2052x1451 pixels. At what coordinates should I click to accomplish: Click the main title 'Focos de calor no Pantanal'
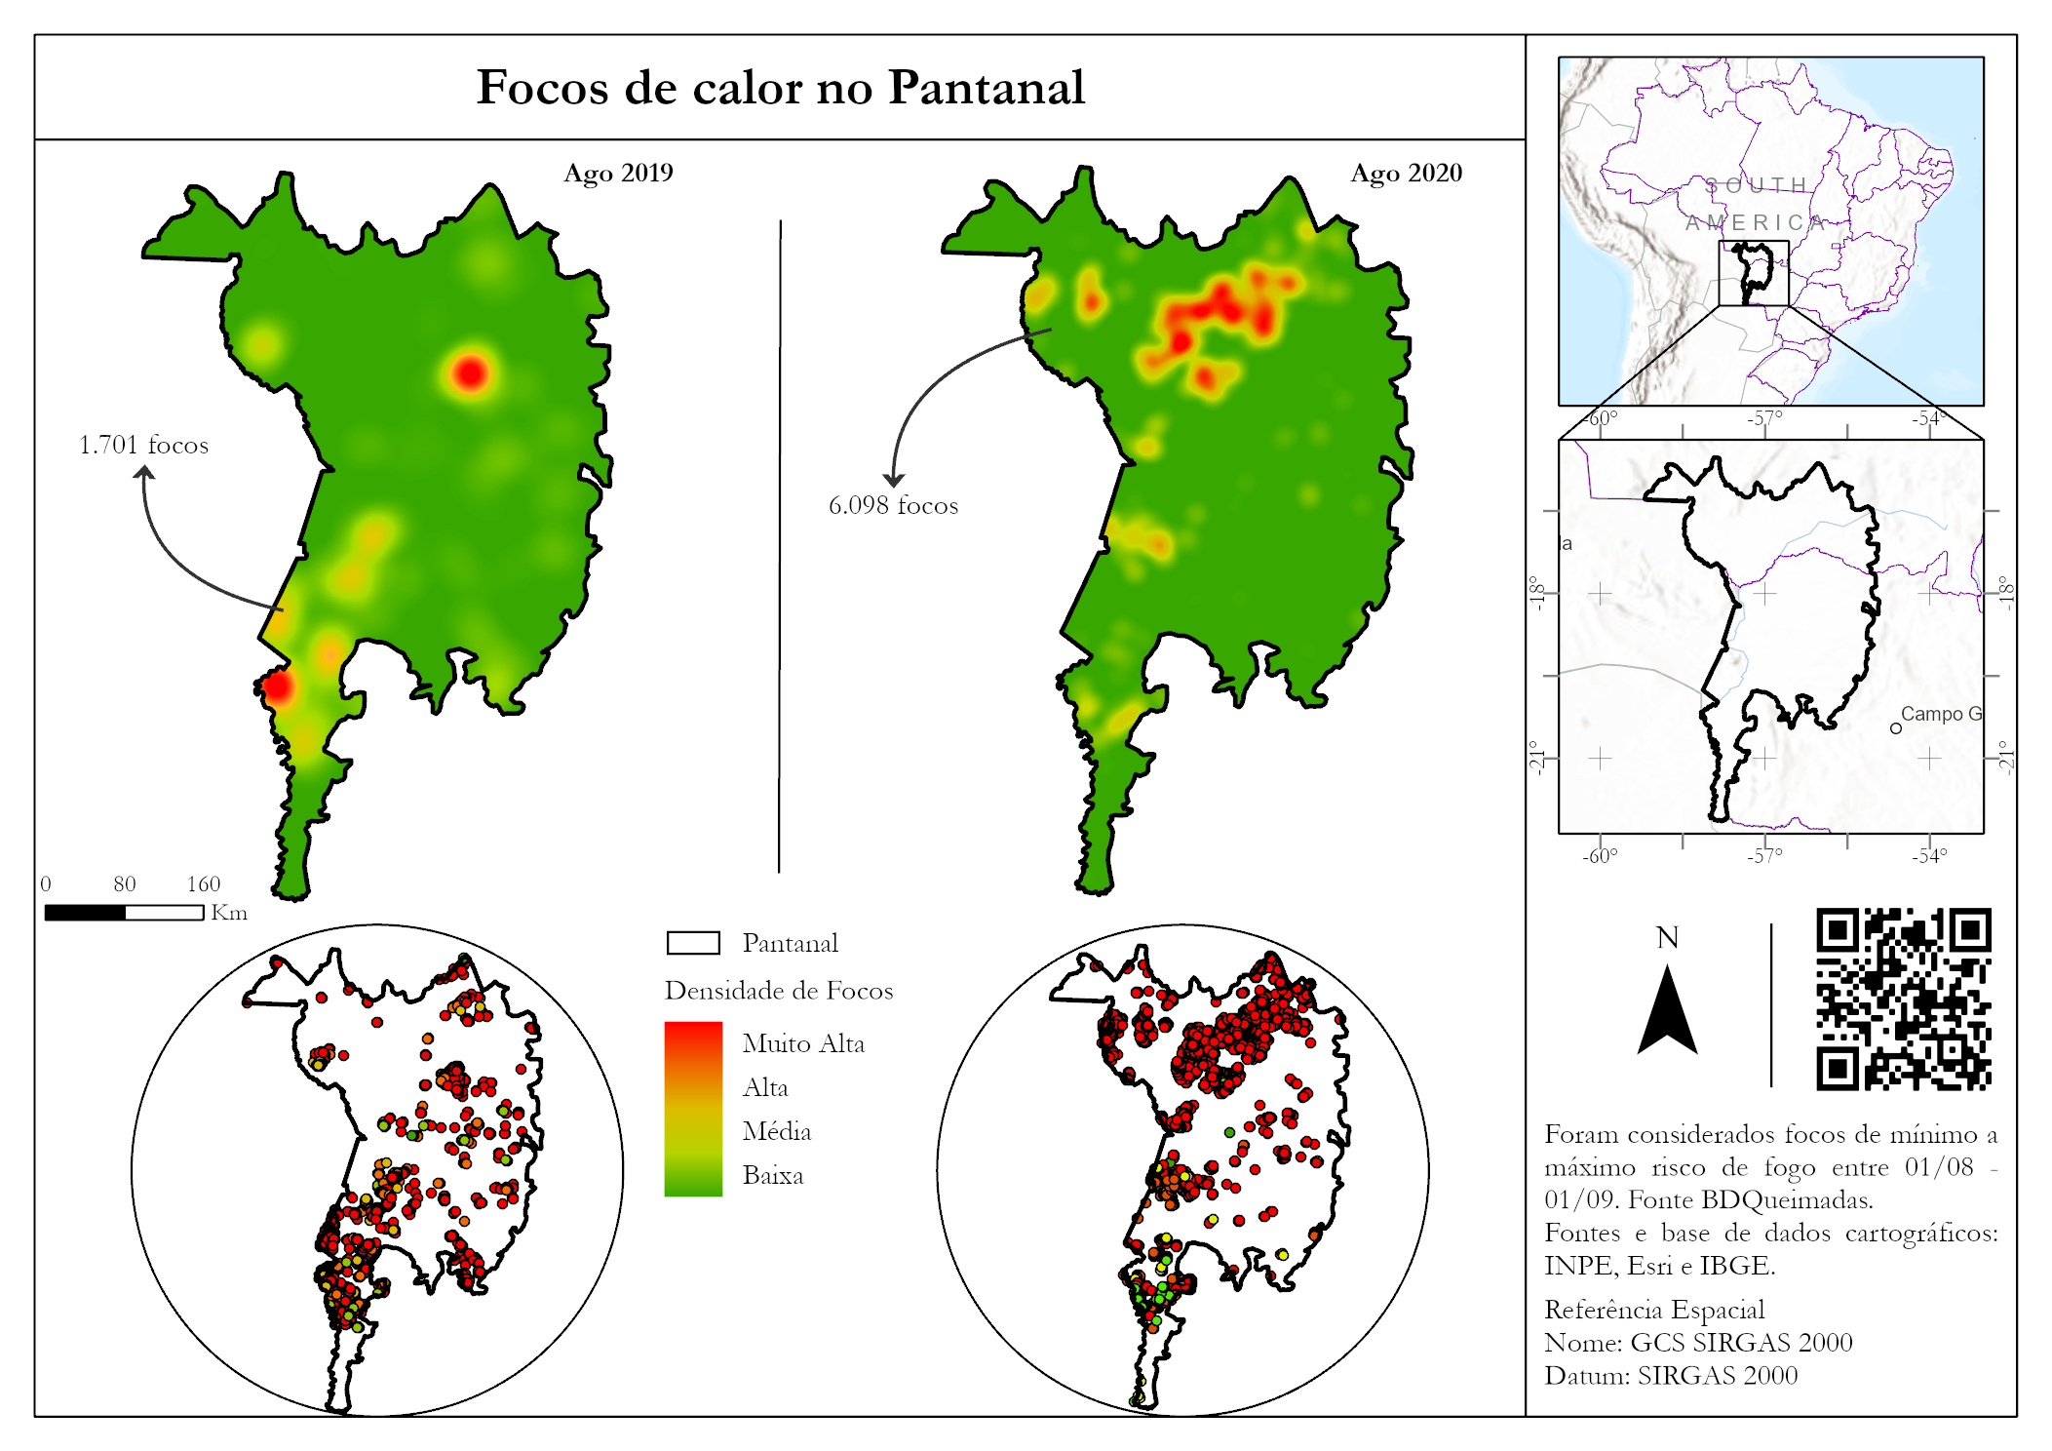pos(780,88)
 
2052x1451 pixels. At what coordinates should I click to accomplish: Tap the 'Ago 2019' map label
pos(618,173)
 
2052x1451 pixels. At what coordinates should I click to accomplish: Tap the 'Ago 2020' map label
pos(1406,173)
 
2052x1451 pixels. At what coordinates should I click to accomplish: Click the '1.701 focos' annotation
pos(143,446)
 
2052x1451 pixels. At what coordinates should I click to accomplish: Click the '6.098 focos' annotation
pos(893,506)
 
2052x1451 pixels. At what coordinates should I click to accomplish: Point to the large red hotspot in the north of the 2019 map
pos(471,373)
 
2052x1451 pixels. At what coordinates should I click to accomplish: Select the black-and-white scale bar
pos(124,913)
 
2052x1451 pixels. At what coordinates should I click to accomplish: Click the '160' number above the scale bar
pos(203,884)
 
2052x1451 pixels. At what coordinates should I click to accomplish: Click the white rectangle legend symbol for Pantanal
pos(693,943)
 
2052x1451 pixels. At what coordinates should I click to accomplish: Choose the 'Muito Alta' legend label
pos(802,1044)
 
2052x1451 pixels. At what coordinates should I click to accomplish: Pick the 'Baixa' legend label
pos(772,1176)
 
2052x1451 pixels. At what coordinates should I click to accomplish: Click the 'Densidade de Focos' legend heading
pos(778,991)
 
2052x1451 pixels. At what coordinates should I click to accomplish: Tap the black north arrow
pos(1667,1014)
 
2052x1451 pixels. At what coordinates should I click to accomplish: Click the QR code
pos(1903,999)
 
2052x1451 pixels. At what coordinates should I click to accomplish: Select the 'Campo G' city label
pos(1940,714)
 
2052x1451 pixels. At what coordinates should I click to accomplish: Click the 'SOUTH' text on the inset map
pos(1757,185)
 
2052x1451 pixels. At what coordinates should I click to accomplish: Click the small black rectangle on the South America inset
pos(1754,273)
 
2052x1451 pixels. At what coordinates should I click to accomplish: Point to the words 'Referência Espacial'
pos(1654,1310)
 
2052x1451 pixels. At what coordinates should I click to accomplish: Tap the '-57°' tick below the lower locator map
pos(1763,855)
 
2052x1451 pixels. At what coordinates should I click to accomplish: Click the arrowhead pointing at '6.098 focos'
pos(894,480)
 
